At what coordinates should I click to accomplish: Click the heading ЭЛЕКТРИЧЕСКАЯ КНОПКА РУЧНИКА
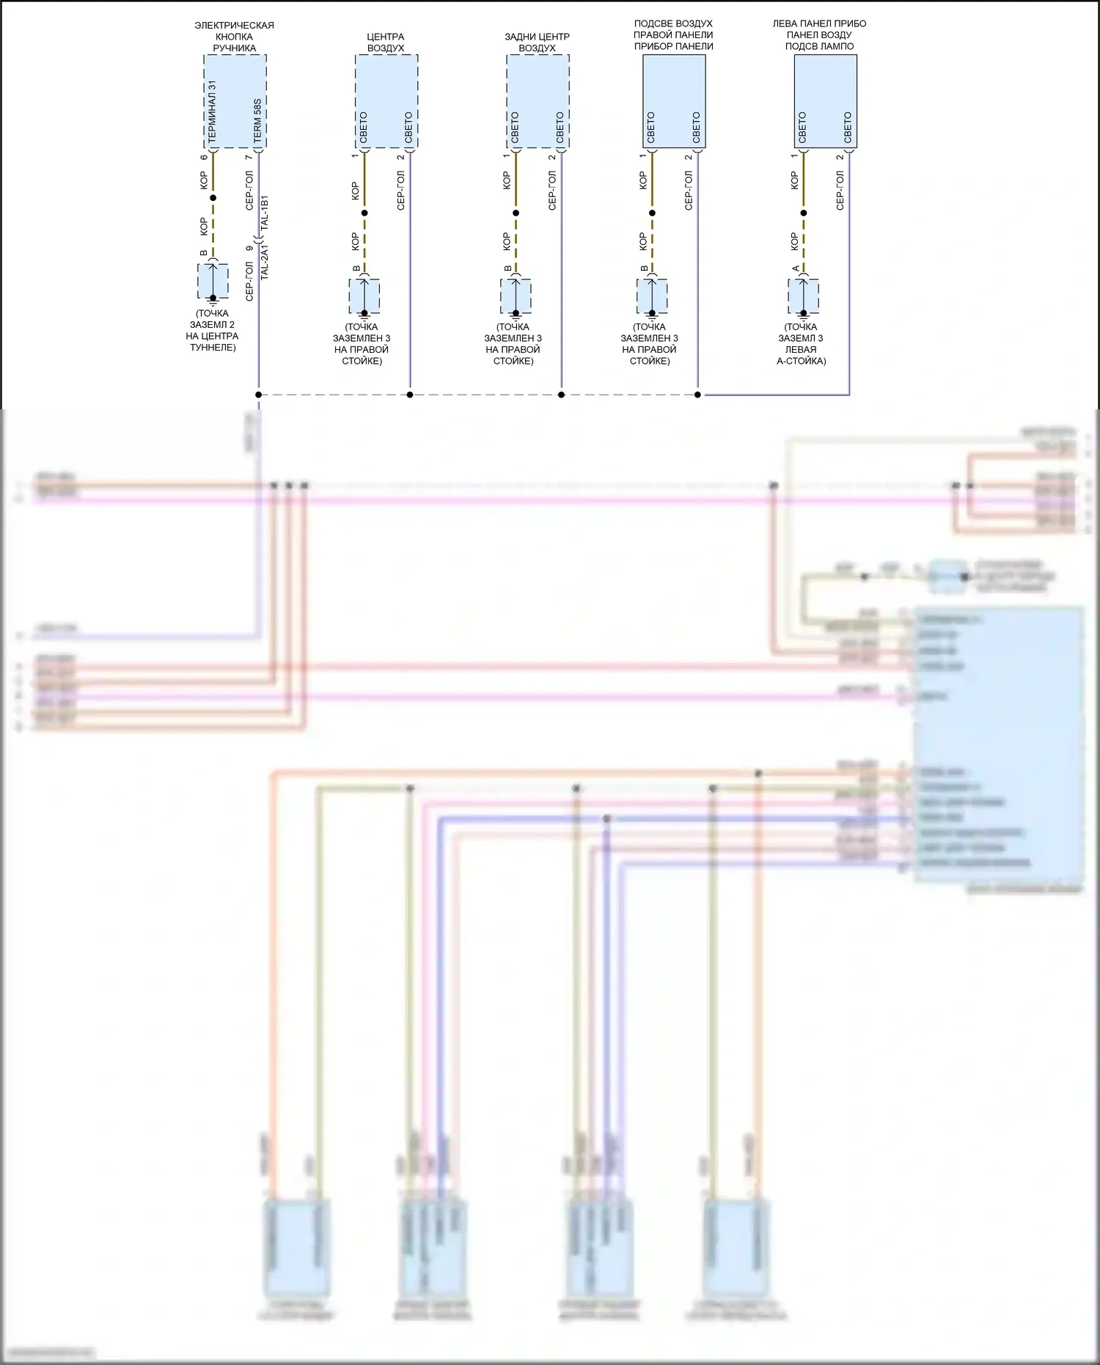click(234, 37)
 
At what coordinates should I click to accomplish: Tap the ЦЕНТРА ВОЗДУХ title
click(386, 43)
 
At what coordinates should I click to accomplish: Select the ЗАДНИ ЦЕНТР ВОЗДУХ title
click(537, 43)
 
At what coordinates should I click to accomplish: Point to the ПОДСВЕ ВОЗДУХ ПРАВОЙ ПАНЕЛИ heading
click(673, 34)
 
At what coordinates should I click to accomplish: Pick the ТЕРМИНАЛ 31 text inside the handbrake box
click(212, 111)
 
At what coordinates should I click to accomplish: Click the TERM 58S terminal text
click(257, 121)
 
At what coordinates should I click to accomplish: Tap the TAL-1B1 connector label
click(265, 213)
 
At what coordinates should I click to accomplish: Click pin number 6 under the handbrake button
click(204, 158)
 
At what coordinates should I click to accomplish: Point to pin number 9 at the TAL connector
click(249, 248)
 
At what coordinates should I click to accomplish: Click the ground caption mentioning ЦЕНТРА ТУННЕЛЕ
click(212, 330)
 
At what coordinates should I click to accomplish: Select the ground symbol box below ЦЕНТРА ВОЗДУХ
click(364, 296)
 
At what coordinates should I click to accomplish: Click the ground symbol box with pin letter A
click(804, 296)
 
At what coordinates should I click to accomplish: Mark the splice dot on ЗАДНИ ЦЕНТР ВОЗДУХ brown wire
click(516, 213)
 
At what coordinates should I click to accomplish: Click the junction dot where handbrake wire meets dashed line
click(258, 395)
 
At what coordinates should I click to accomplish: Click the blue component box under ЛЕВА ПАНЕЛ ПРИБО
click(825, 101)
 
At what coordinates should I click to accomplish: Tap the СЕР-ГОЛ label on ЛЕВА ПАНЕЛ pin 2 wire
click(840, 191)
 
